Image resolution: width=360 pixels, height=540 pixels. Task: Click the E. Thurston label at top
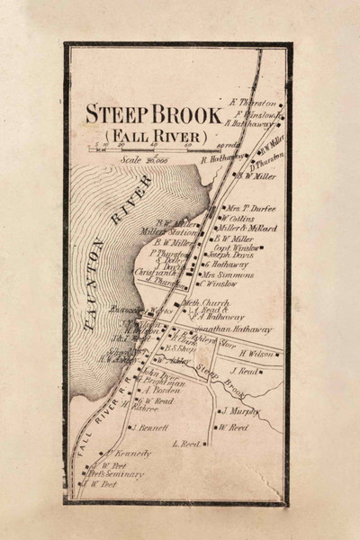pyautogui.click(x=259, y=103)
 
